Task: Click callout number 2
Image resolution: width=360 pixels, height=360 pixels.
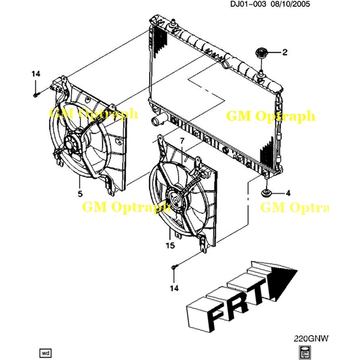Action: (285, 53)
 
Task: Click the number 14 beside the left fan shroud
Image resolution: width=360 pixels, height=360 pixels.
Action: (36, 73)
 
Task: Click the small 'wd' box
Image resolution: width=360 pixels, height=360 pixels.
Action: (45, 353)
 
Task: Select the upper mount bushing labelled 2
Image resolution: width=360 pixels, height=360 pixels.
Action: (261, 54)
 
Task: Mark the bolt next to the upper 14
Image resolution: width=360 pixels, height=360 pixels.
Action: (36, 93)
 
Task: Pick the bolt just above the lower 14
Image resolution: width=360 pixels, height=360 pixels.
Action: (174, 268)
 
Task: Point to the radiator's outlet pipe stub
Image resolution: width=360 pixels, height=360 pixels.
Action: (156, 122)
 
